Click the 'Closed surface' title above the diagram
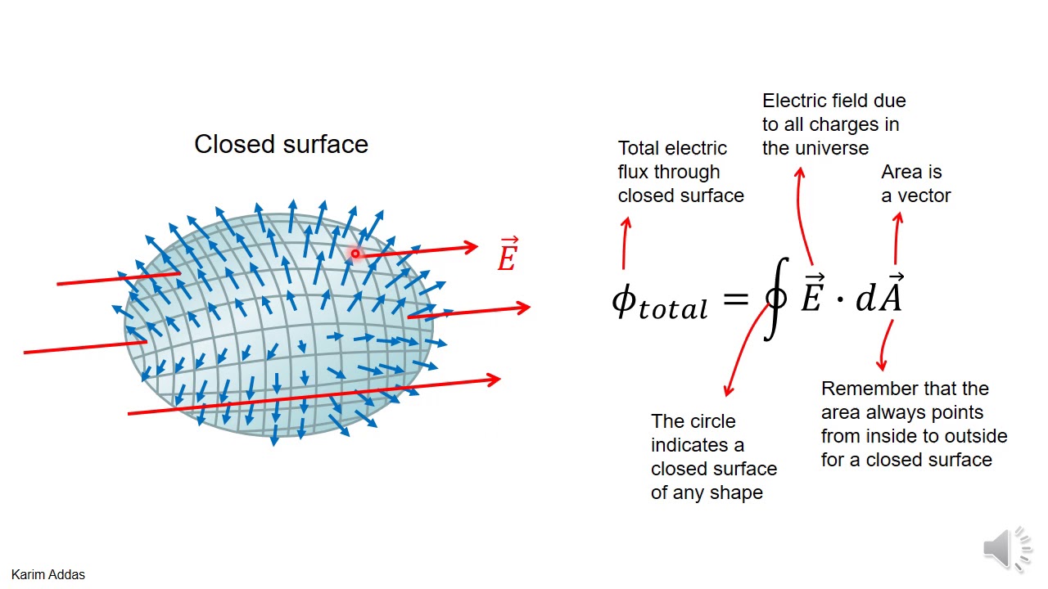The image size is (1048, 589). (281, 145)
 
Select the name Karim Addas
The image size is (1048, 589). (48, 574)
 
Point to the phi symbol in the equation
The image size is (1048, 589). (624, 300)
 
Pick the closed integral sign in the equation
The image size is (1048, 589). (775, 298)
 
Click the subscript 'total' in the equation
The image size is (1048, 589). (673, 309)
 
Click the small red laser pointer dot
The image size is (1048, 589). (355, 254)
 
